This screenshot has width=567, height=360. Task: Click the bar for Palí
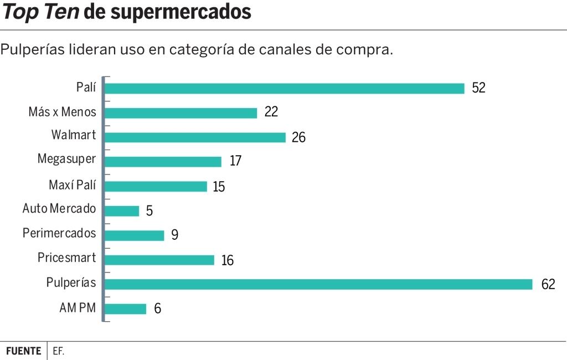tap(284, 89)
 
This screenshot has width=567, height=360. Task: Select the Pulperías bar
tap(318, 284)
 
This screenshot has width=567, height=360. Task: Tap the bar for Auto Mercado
tap(122, 211)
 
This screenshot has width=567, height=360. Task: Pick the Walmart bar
tap(195, 137)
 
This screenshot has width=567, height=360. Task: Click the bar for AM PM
tap(125, 308)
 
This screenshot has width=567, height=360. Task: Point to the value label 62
tap(548, 285)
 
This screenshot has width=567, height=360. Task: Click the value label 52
tap(479, 88)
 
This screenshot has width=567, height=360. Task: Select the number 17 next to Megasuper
tap(235, 161)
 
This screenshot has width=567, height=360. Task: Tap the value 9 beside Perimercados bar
tap(174, 235)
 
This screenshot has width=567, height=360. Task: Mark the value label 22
tap(271, 112)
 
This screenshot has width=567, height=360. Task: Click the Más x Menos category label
tap(62, 112)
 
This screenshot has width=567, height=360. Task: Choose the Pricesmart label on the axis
tap(66, 258)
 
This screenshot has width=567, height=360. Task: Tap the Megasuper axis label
tap(66, 160)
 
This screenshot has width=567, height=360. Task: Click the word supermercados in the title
tap(181, 12)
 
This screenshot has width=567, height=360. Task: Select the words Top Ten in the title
tap(41, 12)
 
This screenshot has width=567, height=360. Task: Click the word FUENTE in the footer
tap(24, 351)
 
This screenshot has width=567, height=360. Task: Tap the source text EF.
tap(59, 351)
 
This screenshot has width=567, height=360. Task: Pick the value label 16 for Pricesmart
tap(228, 260)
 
